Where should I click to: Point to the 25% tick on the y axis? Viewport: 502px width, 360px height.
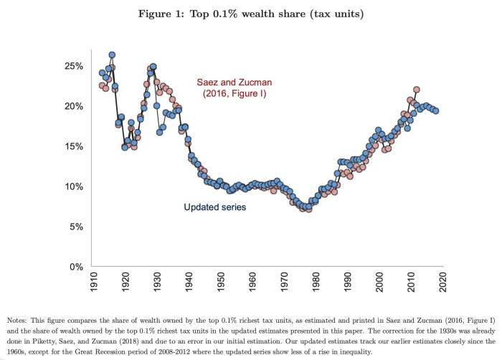pos(75,66)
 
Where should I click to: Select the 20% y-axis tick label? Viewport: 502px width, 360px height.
pos(75,106)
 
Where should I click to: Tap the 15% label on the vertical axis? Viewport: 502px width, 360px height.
pos(75,146)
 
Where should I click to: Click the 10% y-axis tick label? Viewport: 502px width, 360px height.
pos(75,186)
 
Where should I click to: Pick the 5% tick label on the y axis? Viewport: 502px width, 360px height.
pos(77,227)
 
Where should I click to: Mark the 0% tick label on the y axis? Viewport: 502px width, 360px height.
pos(77,267)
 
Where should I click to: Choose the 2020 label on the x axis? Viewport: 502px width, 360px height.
pos(443,280)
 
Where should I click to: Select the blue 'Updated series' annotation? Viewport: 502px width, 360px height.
pos(215,207)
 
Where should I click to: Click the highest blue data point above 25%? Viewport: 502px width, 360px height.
pos(112,55)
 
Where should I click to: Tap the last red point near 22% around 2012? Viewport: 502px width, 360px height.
pos(417,90)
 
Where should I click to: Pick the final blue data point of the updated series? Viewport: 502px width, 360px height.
pos(436,110)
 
